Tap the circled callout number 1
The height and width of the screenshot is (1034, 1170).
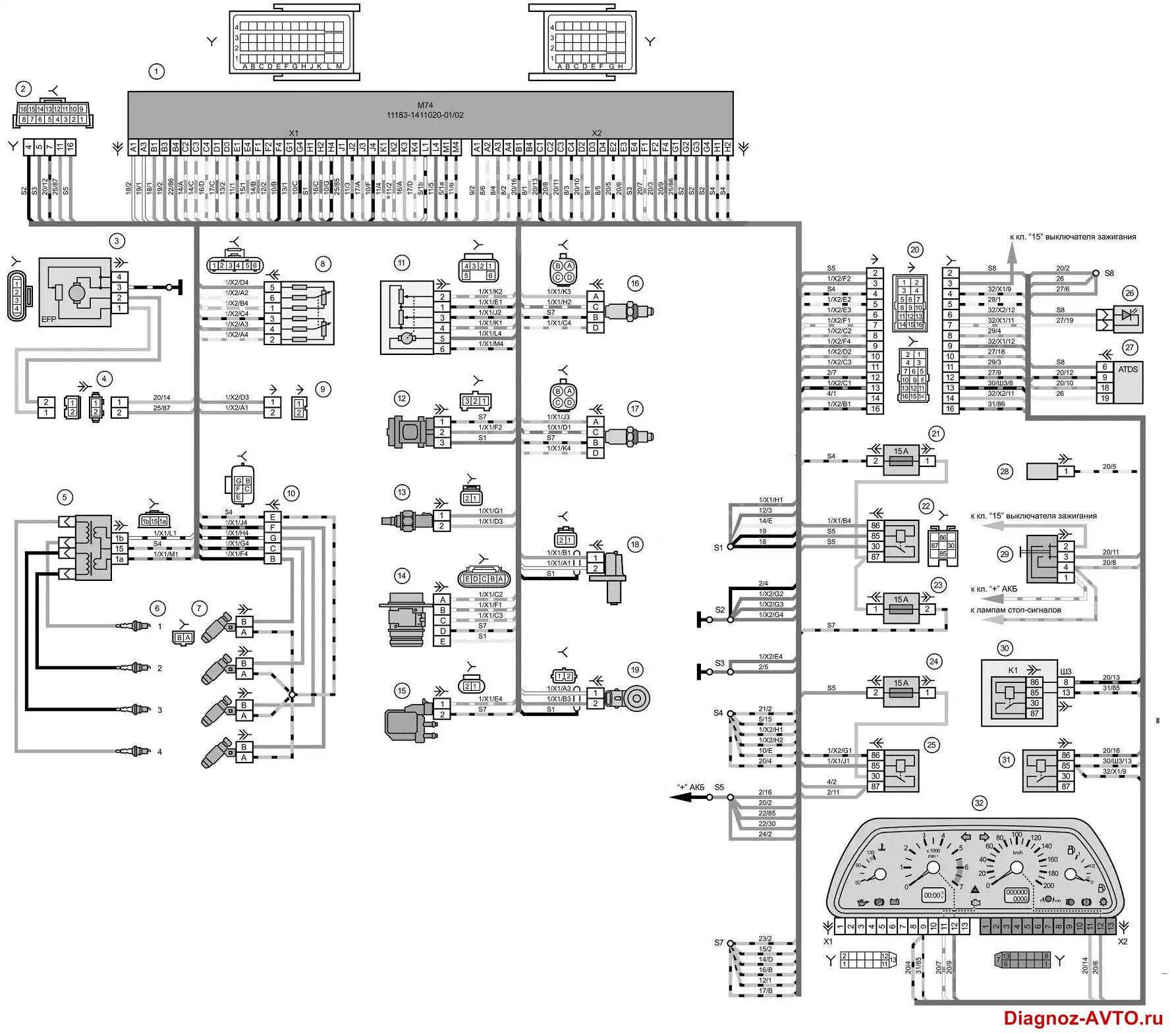tap(156, 71)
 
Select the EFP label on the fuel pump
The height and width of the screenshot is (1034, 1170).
tap(50, 320)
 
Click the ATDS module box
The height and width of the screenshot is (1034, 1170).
tap(1128, 383)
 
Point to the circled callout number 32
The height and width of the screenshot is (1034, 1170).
tap(980, 803)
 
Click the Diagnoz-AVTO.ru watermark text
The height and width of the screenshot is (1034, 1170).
tap(1083, 1018)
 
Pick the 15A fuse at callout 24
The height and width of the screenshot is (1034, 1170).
tap(901, 693)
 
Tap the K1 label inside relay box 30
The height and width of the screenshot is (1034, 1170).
tap(1013, 670)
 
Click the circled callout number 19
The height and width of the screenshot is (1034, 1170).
tap(635, 670)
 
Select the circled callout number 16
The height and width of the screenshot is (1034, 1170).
tap(635, 284)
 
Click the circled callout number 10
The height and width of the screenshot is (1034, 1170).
tap(291, 493)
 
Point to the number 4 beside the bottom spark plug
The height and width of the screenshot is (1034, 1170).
tap(159, 752)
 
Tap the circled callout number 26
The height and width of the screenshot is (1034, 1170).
tap(1130, 292)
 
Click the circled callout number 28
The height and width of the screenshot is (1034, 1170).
tap(1005, 471)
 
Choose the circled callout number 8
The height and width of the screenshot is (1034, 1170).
tap(322, 264)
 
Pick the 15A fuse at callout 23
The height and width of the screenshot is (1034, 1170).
tap(901, 609)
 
